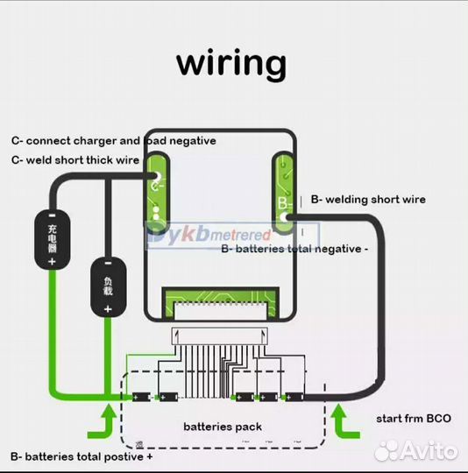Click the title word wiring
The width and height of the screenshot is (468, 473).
coord(231,64)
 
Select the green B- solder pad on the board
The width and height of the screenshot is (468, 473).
coord(285,187)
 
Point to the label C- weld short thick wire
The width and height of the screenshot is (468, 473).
coord(75,160)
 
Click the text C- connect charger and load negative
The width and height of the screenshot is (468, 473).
coord(113,140)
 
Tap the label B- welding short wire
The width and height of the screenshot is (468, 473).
coord(368,200)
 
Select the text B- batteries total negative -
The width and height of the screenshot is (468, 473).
coord(294,249)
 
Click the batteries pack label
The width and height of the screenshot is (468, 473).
coord(223,427)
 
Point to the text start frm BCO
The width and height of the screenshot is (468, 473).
coord(413,419)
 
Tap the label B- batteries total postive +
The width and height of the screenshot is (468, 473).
coord(82,456)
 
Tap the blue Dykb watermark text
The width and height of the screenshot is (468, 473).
coord(208,234)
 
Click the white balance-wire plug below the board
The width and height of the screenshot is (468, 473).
coord(219,335)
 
